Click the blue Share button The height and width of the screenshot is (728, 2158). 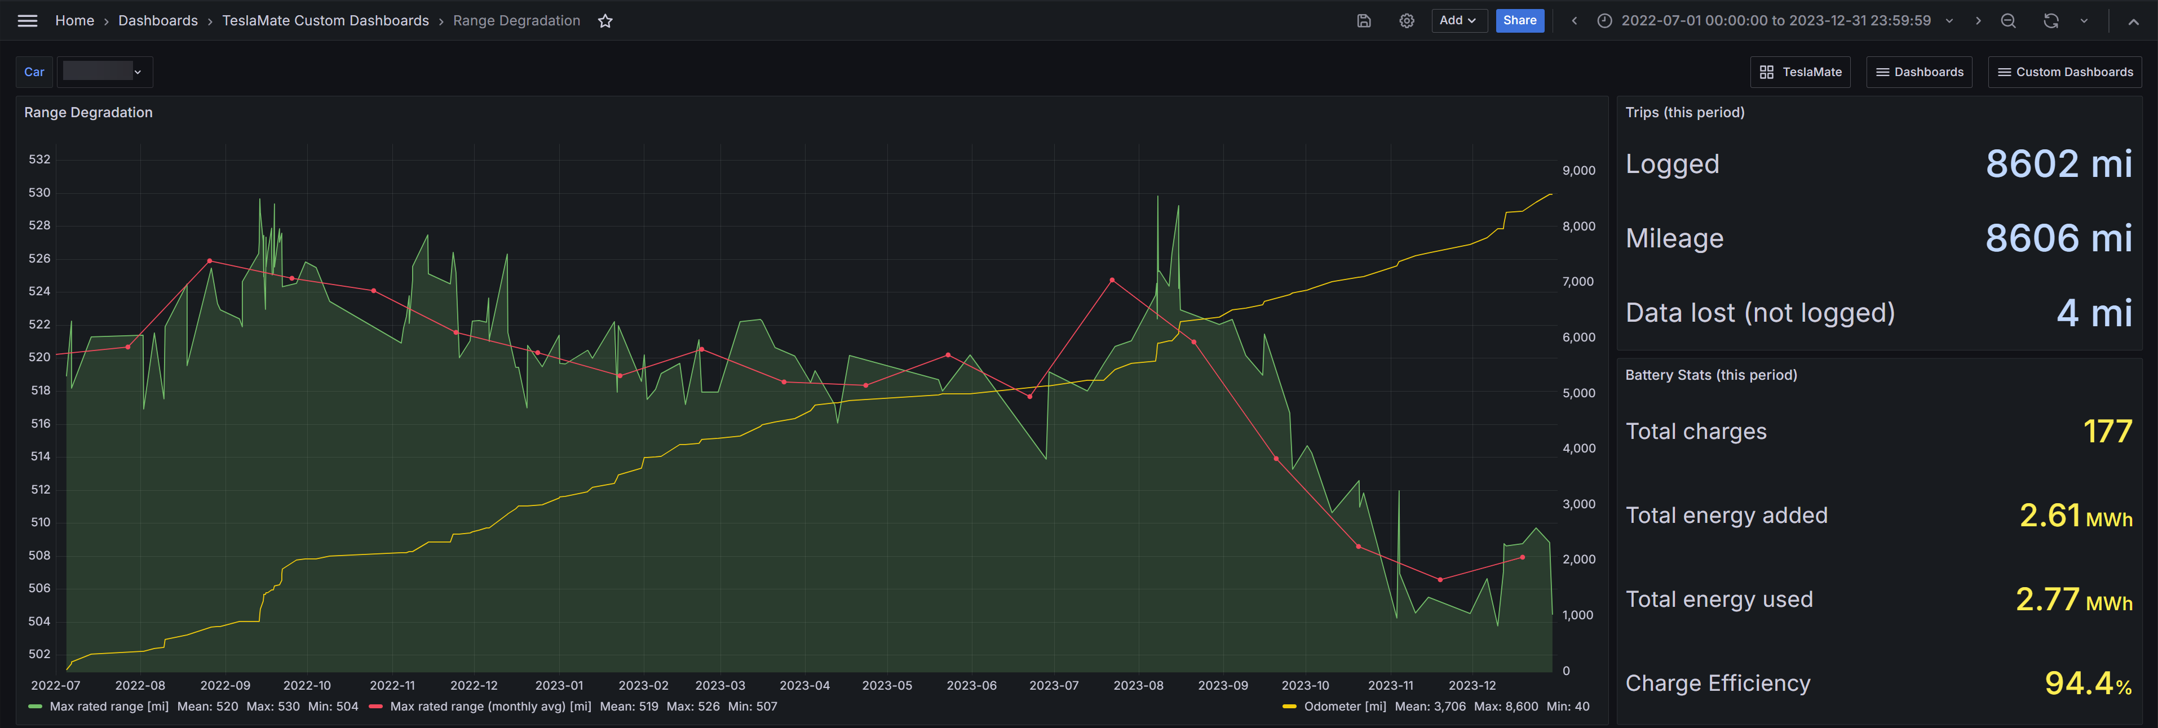1520,20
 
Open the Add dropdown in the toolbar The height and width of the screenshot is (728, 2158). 1458,20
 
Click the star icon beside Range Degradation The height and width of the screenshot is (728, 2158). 605,21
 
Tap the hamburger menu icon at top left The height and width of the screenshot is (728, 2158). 28,21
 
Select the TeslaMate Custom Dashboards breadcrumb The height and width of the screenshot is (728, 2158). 325,21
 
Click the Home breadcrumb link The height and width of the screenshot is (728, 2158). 74,21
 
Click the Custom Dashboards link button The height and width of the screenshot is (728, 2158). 2065,72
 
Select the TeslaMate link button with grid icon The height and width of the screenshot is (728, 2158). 1800,72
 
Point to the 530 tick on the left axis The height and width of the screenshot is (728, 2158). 39,193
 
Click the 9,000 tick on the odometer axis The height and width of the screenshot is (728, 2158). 1578,170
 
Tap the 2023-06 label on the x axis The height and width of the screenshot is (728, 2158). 971,685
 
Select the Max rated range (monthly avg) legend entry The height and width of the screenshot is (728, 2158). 480,706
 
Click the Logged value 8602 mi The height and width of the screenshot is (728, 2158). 2058,163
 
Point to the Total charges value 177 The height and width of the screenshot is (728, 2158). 2107,432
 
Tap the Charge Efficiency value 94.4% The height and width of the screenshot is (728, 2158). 2088,683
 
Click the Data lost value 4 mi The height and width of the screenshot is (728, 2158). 2094,313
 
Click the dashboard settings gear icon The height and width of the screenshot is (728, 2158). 1407,21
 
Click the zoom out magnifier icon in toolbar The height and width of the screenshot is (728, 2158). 2008,21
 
